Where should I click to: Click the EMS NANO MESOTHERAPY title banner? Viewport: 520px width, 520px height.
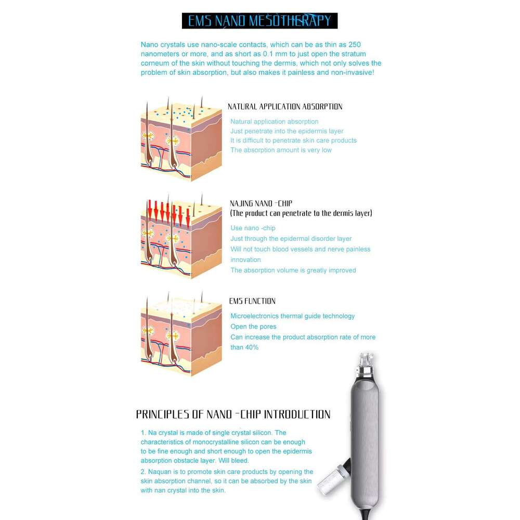pos(259,21)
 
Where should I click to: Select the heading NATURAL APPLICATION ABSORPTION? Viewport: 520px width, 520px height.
pos(285,107)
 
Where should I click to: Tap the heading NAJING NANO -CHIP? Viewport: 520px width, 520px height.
pos(261,203)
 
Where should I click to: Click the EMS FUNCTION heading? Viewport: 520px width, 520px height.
pos(252,301)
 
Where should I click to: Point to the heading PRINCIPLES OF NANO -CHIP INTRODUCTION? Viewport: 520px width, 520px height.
pos(233,414)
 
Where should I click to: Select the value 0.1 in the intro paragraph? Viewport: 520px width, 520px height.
pos(268,54)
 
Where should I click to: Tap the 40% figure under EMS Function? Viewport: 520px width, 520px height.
pos(252,347)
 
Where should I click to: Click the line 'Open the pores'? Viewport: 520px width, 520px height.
pos(253,327)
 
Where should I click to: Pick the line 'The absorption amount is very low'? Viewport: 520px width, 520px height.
pos(281,150)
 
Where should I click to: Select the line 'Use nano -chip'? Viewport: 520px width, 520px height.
pos(253,228)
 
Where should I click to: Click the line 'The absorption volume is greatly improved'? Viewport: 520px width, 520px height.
pos(293,270)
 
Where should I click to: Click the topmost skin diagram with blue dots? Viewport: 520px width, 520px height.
pos(181,139)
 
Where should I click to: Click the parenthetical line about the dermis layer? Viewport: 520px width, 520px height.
pos(301,213)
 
